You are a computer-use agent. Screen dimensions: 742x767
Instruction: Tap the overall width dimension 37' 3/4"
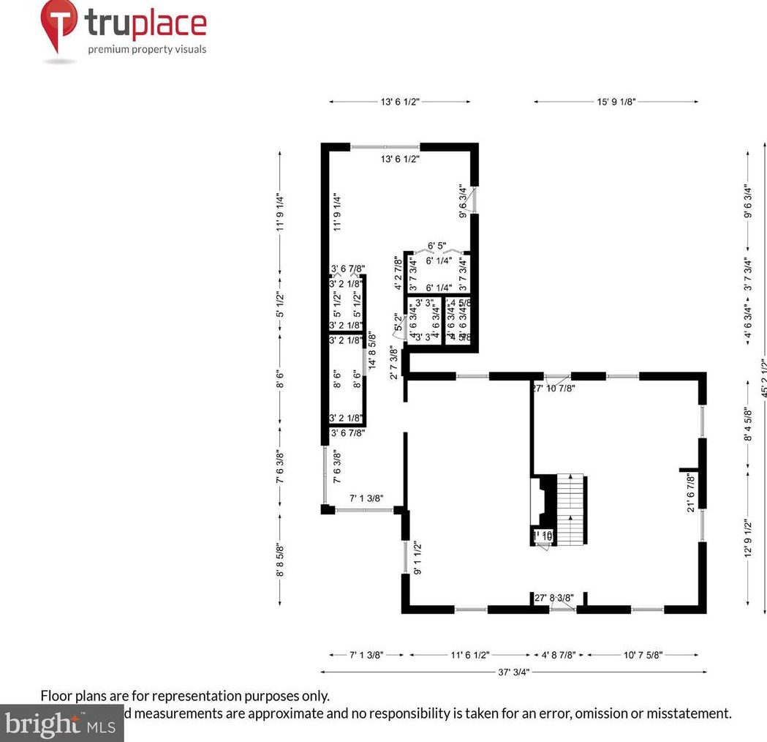coord(513,672)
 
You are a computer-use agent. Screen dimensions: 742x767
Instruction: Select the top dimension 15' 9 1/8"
coord(616,102)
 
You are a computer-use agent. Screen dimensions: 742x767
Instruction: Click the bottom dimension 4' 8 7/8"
coord(559,653)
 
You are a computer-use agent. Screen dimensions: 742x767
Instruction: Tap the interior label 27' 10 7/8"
coord(553,388)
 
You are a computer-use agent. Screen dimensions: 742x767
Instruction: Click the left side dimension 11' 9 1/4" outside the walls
coord(280,212)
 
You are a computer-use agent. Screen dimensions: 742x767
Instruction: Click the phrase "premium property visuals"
coord(147,50)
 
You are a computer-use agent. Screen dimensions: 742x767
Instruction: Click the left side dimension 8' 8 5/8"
coord(280,558)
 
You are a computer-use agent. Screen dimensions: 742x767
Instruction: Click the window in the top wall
coord(385,147)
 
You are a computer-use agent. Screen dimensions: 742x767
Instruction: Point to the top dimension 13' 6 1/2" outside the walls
coord(399,102)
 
